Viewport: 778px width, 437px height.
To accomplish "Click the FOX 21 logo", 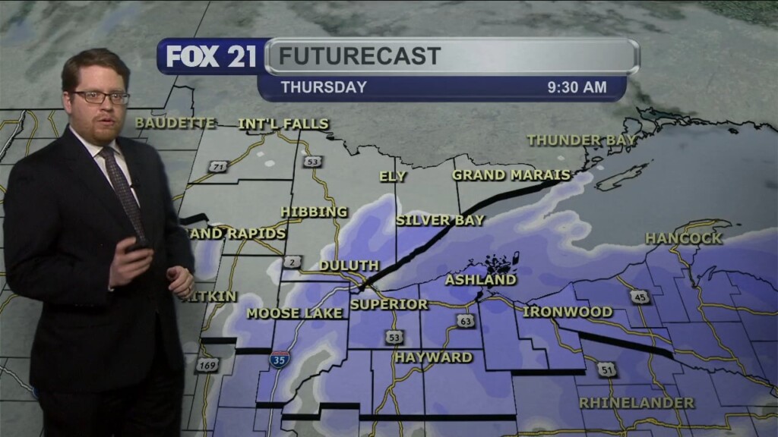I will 211,57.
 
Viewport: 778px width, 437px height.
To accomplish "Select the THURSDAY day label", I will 324,87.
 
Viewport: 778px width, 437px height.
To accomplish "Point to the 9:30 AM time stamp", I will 577,87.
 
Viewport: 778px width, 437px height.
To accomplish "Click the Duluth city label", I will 349,266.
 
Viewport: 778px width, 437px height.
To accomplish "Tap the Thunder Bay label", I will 582,140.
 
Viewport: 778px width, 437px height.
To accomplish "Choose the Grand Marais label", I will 511,175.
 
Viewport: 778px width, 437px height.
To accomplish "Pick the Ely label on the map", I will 393,177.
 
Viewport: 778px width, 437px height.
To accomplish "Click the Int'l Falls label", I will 283,124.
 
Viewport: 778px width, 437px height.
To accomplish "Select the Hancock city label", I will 683,238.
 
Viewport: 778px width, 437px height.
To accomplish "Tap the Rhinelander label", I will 637,402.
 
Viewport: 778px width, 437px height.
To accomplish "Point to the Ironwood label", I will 568,312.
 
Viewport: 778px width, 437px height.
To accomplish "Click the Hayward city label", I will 433,357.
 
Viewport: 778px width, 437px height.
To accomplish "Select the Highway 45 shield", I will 640,297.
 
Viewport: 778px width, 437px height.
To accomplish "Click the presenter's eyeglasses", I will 100,96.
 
